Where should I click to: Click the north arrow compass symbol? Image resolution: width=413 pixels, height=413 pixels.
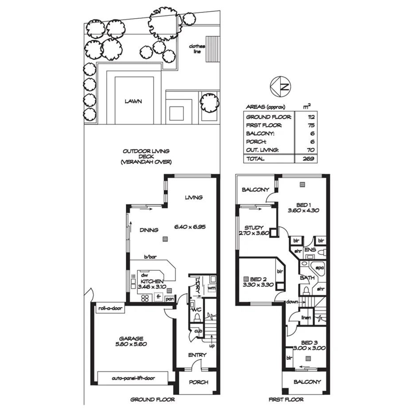[x=281, y=87]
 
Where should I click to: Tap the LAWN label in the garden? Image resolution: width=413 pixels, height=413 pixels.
[x=133, y=101]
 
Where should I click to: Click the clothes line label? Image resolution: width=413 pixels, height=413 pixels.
[x=195, y=49]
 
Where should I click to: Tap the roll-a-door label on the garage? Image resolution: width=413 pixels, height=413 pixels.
[x=109, y=308]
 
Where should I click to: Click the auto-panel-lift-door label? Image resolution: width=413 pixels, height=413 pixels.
[x=133, y=378]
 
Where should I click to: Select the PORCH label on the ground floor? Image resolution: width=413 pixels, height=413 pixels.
[x=198, y=382]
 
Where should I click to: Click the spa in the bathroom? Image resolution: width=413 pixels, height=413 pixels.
[x=318, y=268]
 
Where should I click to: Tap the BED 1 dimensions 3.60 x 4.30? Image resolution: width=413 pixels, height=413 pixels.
[x=304, y=211]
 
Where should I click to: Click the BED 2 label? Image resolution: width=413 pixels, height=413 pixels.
[x=255, y=279]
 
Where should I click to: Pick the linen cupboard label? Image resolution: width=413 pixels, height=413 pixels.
[x=305, y=318]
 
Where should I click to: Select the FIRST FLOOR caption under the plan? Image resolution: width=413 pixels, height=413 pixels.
[x=286, y=400]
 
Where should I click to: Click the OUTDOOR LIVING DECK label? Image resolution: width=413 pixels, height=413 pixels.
[x=146, y=156]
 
